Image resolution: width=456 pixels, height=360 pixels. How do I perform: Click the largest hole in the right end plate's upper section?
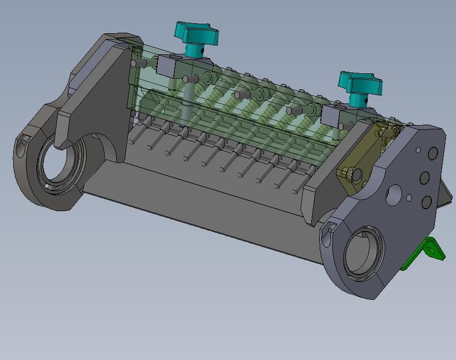tap(394, 195)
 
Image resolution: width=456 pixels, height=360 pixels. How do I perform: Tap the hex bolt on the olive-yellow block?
tap(346, 173)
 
